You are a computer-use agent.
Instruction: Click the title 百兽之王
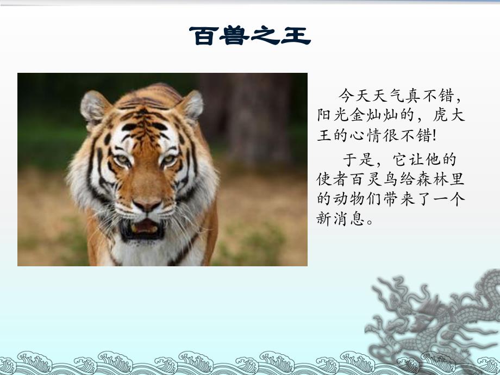250,36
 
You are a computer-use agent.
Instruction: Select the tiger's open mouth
143,228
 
